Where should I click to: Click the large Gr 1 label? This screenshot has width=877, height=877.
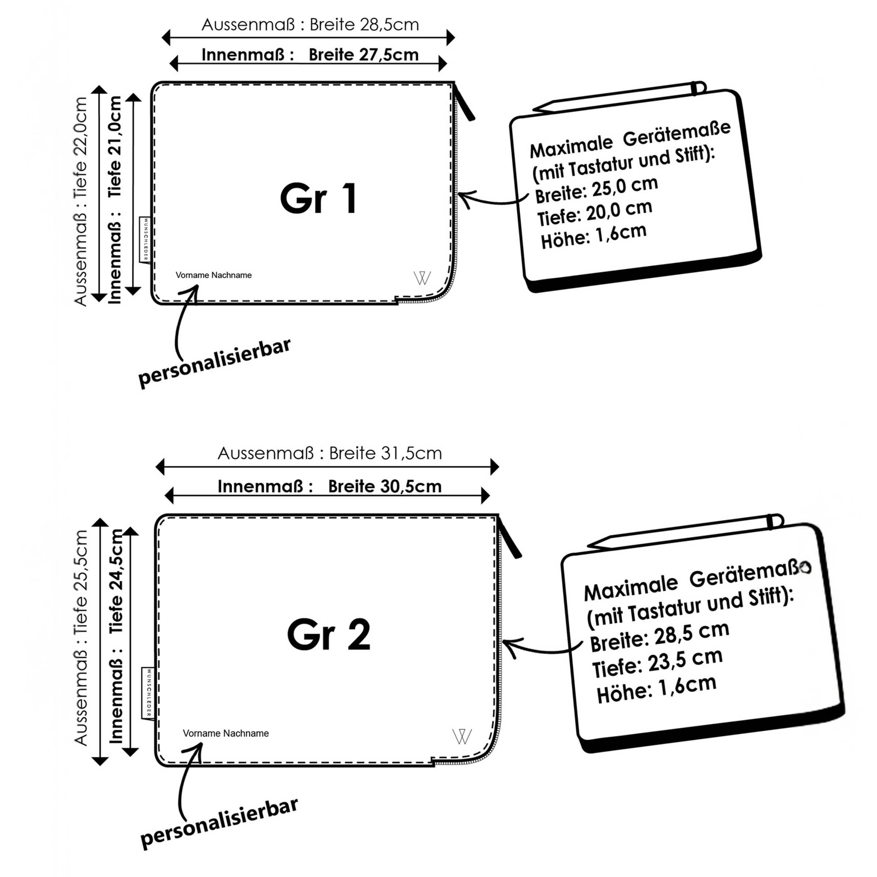pos(319,198)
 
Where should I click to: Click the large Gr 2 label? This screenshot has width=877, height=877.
pos(329,635)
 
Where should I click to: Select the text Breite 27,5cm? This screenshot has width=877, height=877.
pos(364,55)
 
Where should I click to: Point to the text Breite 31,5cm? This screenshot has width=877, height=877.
pos(386,453)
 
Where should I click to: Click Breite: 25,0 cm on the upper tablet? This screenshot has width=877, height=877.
pos(596,190)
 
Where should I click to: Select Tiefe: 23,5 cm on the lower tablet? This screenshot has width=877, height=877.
pos(657,663)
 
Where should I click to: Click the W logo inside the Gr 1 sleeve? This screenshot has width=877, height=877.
pos(422,278)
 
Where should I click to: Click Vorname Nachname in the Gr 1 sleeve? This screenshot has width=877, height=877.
pos(213,275)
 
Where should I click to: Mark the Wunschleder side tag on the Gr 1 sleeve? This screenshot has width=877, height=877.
pos(145,240)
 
